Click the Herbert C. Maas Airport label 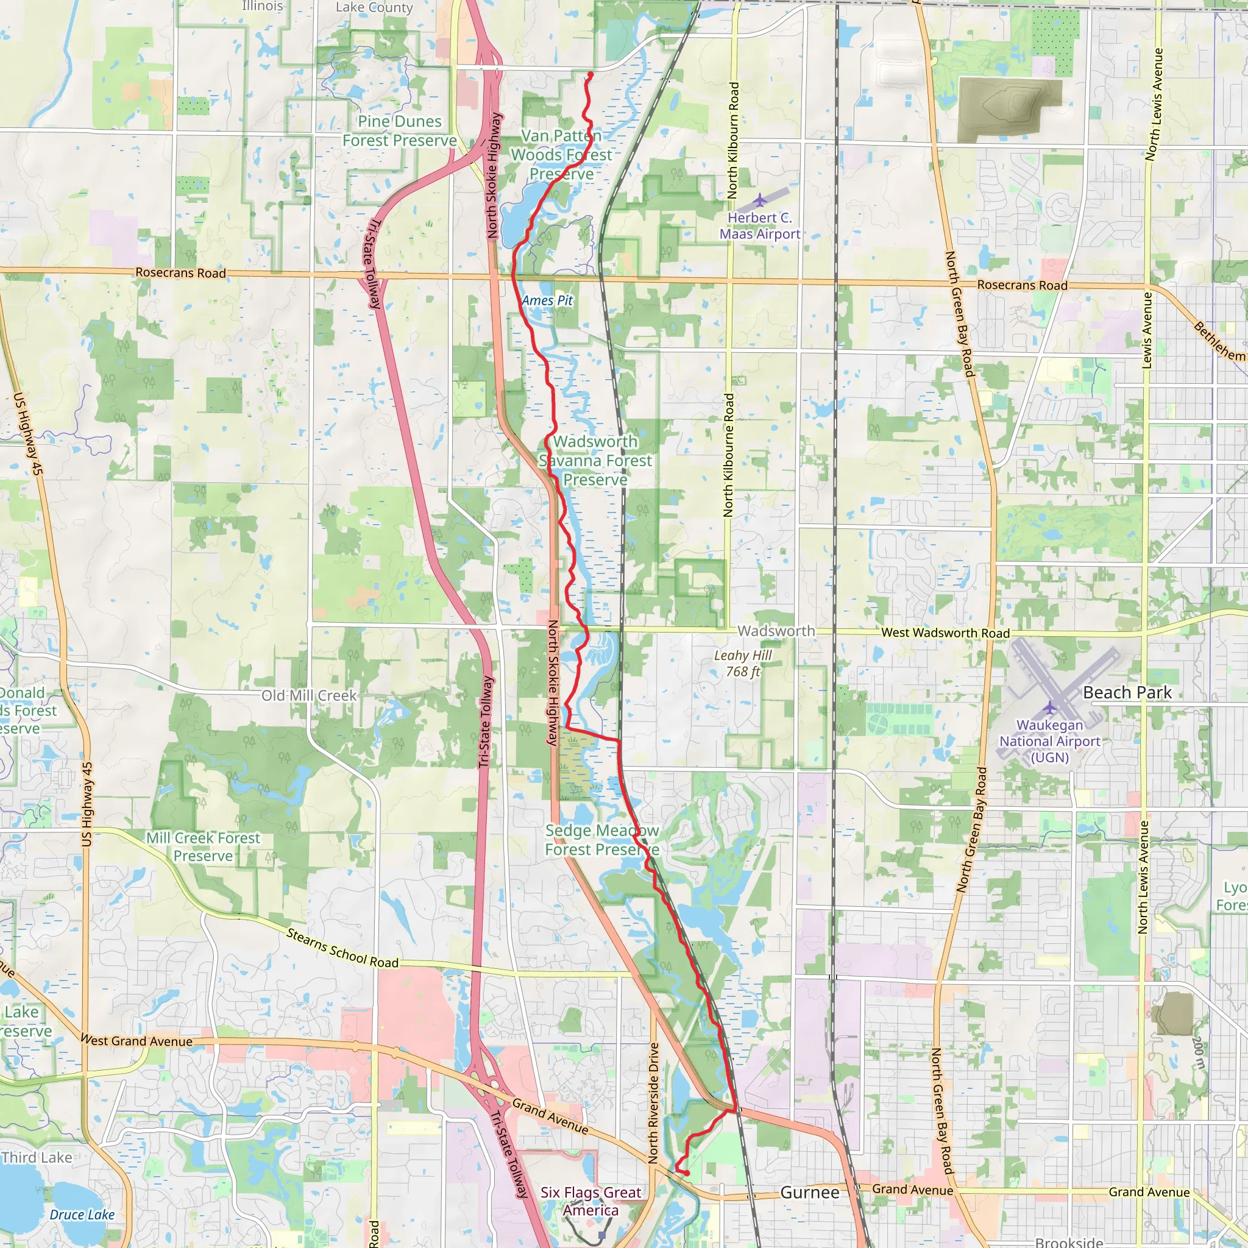click(760, 226)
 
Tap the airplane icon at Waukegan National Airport click(1050, 707)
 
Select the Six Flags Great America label click(590, 1201)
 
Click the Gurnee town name click(809, 1193)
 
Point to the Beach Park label click(1127, 692)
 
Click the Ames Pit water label click(547, 300)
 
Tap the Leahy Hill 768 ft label click(743, 664)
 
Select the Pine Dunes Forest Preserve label click(399, 131)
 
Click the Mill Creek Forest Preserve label click(203, 847)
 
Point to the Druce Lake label click(82, 1214)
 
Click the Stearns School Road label click(342, 948)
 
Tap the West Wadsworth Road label click(945, 633)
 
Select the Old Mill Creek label click(309, 696)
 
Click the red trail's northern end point click(590, 75)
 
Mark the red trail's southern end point click(687, 1173)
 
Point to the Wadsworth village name click(776, 631)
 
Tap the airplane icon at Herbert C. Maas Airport click(760, 201)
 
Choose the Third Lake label click(37, 1157)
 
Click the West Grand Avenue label click(136, 1041)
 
